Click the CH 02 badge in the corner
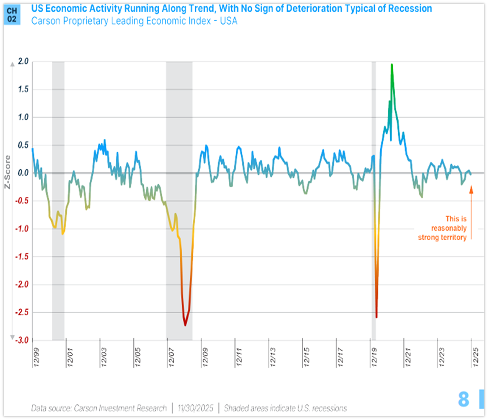coord(11,14)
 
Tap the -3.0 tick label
coord(22,340)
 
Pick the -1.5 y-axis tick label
coord(22,257)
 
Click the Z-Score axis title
coord(8,174)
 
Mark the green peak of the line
coord(392,65)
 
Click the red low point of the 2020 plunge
coord(376,317)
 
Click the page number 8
coord(464,399)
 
